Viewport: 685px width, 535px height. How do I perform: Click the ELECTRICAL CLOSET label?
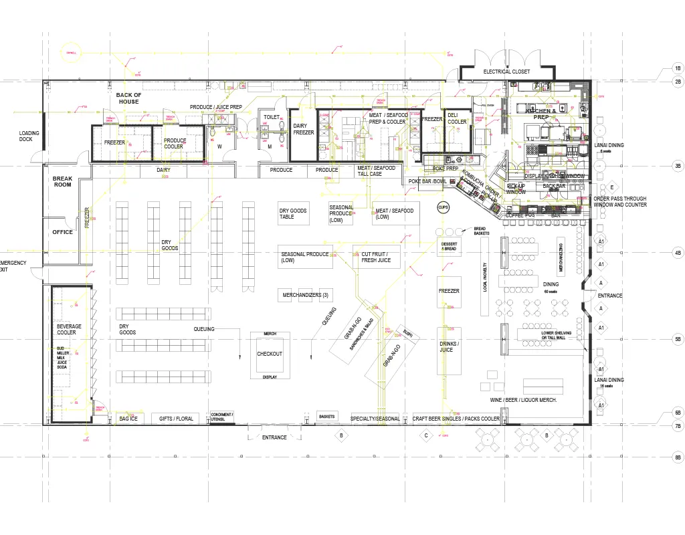[506, 72]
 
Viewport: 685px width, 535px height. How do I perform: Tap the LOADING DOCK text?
[29, 136]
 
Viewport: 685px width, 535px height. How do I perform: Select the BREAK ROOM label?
[62, 181]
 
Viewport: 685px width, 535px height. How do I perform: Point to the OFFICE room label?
[62, 232]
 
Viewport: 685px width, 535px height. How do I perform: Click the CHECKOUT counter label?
[270, 354]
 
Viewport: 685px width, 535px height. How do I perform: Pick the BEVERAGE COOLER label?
[69, 329]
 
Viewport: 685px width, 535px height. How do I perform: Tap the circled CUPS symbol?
[443, 207]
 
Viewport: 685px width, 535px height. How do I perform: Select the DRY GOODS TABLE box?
[293, 214]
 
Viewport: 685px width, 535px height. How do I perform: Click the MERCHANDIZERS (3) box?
[305, 295]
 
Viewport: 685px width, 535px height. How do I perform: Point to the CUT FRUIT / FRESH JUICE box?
[376, 257]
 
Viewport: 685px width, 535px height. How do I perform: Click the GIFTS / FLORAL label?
[176, 419]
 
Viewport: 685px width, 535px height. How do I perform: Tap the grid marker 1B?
[677, 69]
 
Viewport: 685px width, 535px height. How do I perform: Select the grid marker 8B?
[677, 457]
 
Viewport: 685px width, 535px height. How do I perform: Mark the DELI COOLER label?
[458, 118]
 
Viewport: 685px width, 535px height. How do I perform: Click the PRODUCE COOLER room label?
[175, 143]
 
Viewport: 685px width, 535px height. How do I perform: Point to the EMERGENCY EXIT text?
[13, 266]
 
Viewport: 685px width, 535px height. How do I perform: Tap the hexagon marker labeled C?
[425, 435]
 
